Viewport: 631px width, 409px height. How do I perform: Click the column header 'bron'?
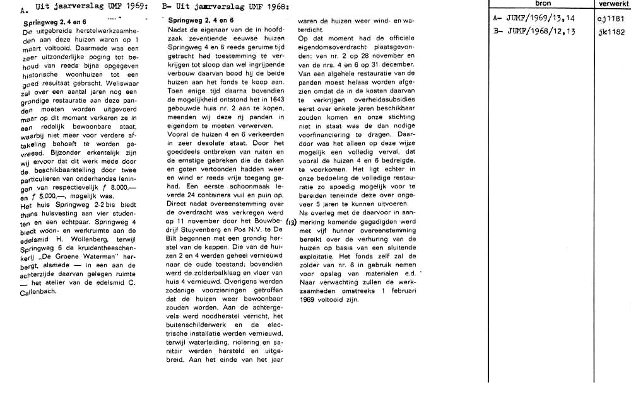[x=542, y=4]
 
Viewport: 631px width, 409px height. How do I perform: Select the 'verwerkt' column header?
[x=613, y=4]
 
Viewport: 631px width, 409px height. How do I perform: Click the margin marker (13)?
[x=291, y=222]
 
